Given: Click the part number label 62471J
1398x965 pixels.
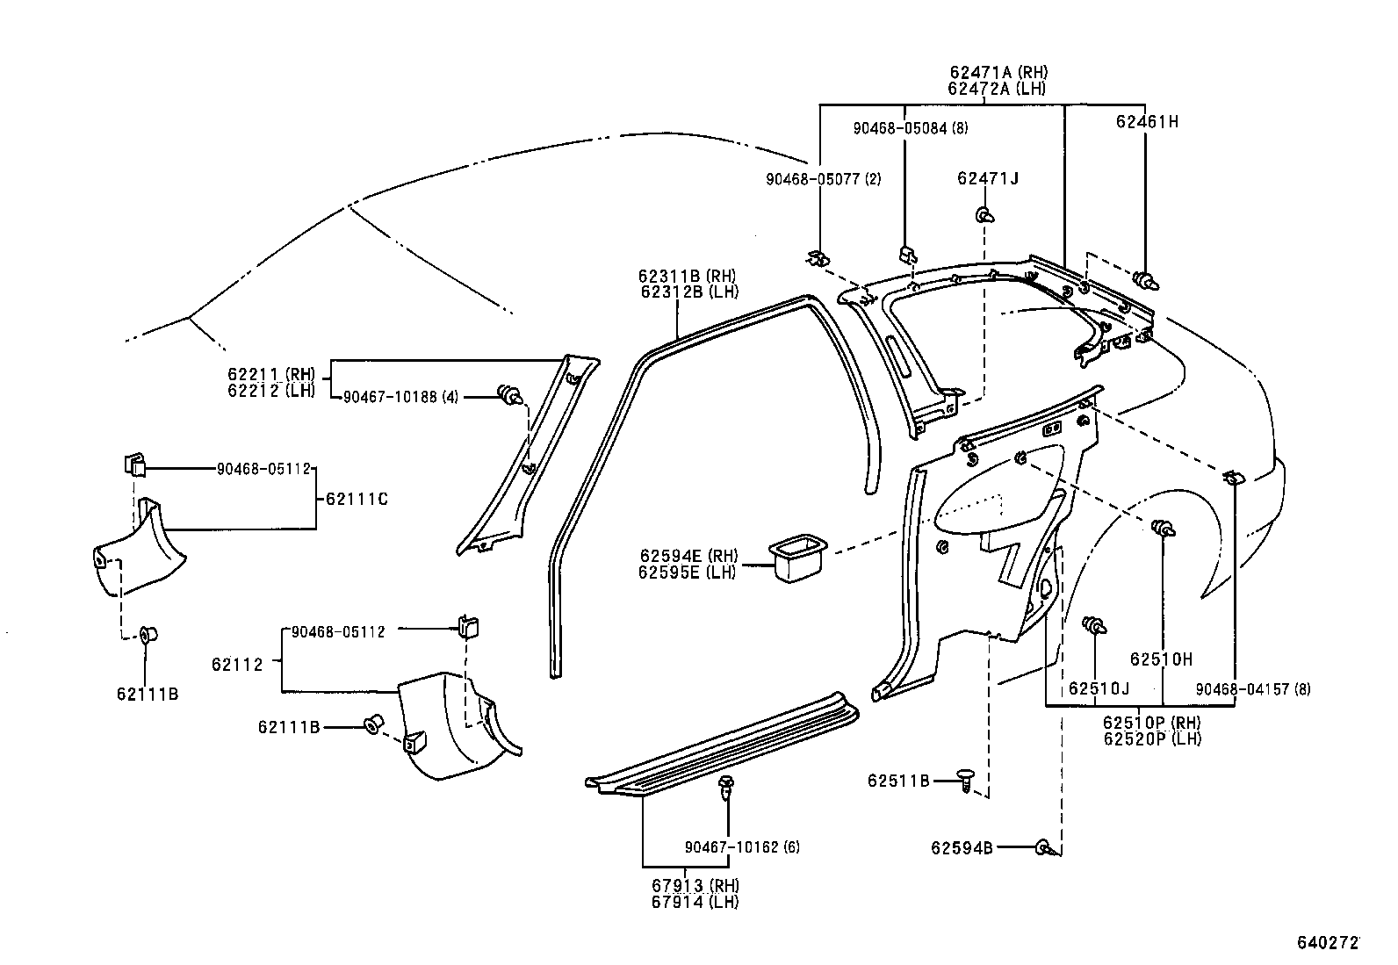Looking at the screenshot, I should click(x=987, y=179).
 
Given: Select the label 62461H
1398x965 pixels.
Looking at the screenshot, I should click(x=1147, y=123).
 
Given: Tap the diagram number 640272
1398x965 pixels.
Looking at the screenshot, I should click(x=1328, y=943).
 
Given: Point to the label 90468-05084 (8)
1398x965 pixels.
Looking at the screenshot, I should click(x=910, y=128).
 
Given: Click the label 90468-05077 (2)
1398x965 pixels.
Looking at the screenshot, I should click(x=823, y=179).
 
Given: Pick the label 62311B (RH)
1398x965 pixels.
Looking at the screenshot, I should click(x=688, y=276).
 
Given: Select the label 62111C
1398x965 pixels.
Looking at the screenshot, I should click(x=357, y=500).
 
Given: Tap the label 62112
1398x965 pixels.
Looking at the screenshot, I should click(x=237, y=665).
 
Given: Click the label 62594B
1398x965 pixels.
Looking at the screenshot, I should click(x=962, y=847).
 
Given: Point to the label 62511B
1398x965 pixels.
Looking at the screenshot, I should click(x=898, y=780).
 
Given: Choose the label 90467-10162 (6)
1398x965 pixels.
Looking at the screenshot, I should click(x=742, y=847).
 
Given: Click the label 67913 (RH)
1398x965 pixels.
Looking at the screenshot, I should click(x=695, y=885).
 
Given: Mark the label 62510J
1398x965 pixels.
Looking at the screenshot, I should click(x=1099, y=688).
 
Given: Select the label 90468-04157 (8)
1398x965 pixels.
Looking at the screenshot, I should click(x=1252, y=689).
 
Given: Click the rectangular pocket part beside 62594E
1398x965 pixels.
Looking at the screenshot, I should click(x=797, y=558).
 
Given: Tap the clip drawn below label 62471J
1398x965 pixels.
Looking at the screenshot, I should click(x=984, y=215).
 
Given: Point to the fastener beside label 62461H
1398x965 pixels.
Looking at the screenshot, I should click(x=1146, y=280).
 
